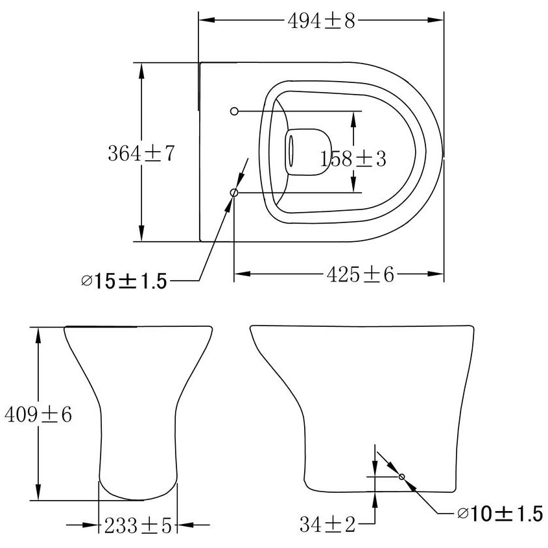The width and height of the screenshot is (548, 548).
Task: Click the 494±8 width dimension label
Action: click(x=322, y=21)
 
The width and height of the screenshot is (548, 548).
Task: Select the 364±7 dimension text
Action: click(x=141, y=154)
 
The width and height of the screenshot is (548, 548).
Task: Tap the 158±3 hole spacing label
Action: click(x=354, y=158)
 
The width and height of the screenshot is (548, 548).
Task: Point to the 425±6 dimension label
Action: click(x=360, y=275)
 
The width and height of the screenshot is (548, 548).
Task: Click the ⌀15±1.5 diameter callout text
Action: click(x=124, y=281)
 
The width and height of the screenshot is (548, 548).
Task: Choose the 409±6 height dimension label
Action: click(x=38, y=414)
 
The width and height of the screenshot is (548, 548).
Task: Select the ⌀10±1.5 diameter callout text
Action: click(x=499, y=514)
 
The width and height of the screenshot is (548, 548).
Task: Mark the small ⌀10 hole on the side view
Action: click(x=402, y=477)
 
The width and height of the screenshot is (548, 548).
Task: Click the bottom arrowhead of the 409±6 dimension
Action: click(x=40, y=493)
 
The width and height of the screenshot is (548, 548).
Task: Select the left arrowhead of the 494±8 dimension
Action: click(x=206, y=20)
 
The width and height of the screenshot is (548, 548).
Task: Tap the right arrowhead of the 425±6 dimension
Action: click(x=436, y=274)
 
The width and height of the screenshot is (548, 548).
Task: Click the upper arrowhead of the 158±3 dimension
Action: click(x=353, y=117)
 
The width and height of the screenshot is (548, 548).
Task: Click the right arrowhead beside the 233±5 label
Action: click(x=185, y=525)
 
